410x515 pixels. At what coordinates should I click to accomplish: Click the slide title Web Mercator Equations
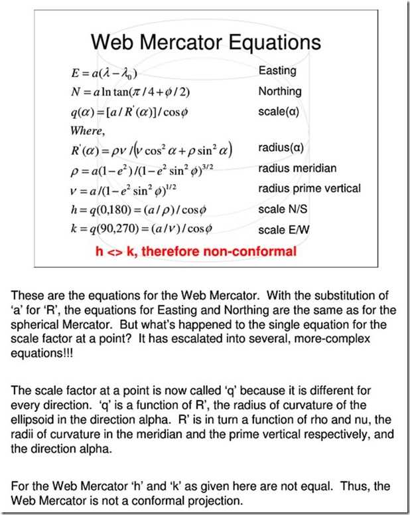click(206, 43)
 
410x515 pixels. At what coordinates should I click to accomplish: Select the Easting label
click(277, 70)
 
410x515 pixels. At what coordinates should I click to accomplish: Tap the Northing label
click(280, 91)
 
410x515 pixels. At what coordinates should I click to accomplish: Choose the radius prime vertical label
click(310, 188)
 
